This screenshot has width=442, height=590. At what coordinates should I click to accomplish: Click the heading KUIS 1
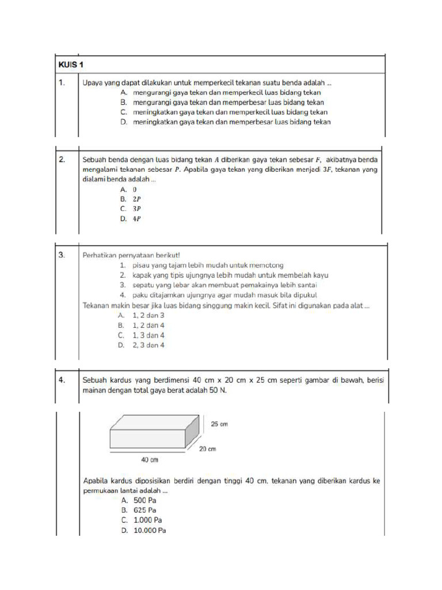click(x=73, y=65)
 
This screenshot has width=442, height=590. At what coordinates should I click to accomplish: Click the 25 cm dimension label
click(x=220, y=424)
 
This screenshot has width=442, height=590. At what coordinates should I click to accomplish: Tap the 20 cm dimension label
click(x=207, y=448)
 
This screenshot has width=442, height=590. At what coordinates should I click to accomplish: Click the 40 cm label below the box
click(x=150, y=460)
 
